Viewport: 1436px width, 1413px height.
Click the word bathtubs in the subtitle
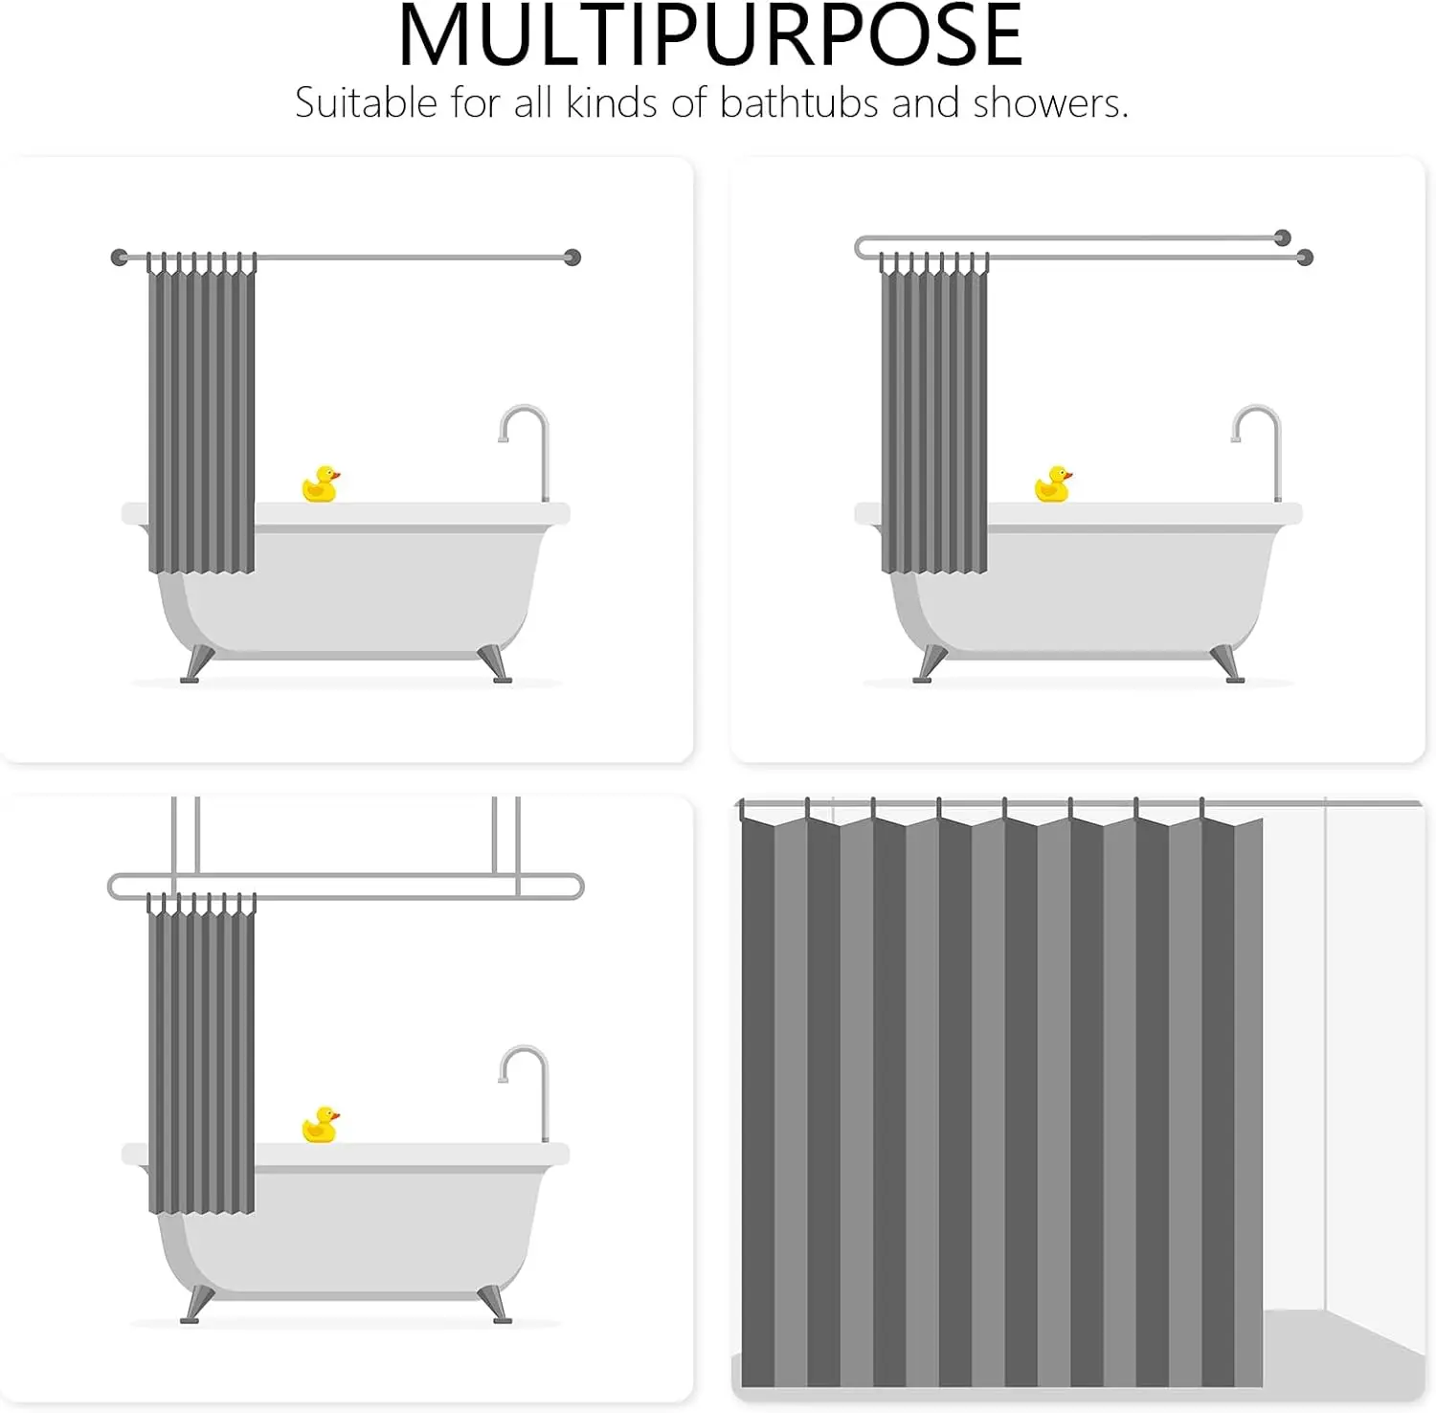pos(798,102)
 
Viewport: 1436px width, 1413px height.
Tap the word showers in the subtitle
pos(1050,102)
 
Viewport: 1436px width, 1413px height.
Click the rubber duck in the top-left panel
pos(320,484)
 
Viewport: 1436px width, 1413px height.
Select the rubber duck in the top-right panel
pos(1053,484)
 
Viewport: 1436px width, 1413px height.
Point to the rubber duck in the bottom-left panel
pos(320,1125)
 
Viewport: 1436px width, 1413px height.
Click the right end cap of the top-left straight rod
pos(572,257)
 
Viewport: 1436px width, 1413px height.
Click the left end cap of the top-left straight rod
pos(120,257)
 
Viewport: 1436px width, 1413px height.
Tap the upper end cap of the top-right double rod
pos(1283,237)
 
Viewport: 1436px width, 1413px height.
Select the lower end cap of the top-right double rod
pos(1304,257)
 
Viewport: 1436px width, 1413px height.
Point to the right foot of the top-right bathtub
pos(1228,664)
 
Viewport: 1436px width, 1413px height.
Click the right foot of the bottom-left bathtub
pos(495,1305)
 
